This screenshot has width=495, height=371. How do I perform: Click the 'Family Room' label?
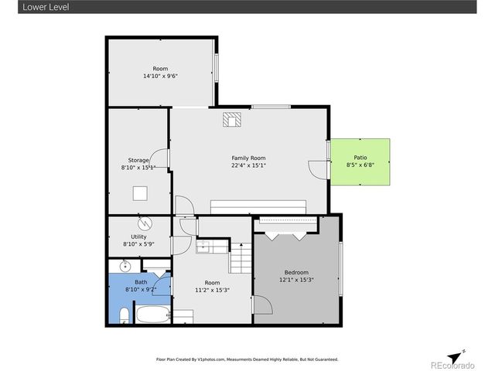coord(248,158)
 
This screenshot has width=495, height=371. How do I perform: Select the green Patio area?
coord(360,162)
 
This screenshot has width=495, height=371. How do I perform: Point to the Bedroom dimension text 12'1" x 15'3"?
coord(296,280)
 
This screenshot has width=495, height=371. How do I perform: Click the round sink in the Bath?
coord(125,267)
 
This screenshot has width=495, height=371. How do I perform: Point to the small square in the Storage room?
coord(141,193)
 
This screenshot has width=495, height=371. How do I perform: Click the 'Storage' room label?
coord(138,160)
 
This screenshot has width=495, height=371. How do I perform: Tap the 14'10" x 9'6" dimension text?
coord(160,76)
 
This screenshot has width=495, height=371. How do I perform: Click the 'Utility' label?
coord(138,237)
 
